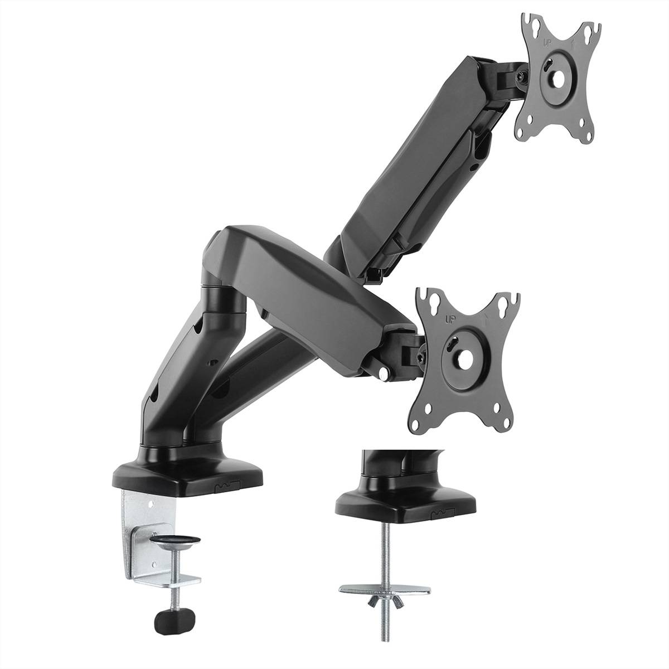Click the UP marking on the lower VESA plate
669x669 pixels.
pyautogui.click(x=449, y=319)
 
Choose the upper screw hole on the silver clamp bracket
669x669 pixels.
pyautogui.click(x=151, y=505)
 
